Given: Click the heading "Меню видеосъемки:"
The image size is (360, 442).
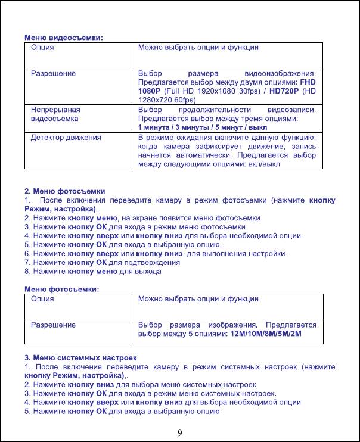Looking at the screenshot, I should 63,38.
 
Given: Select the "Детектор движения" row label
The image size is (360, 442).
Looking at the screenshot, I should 66,137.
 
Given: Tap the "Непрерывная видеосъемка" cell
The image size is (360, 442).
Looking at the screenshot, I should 55,114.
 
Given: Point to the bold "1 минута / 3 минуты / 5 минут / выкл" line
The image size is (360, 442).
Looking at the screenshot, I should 203,127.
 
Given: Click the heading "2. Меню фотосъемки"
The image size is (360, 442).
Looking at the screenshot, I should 64,191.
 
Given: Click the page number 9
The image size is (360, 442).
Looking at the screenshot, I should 180,432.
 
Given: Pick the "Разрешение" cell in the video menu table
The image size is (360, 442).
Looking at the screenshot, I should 53,74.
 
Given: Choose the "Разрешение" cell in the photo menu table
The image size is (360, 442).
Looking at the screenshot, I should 53,325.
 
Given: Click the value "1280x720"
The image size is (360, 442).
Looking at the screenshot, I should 156,101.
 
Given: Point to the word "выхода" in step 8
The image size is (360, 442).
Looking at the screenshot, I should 149,271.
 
